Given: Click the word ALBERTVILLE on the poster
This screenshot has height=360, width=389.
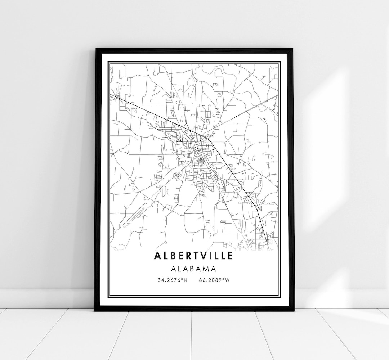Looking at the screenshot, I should [x=194, y=255].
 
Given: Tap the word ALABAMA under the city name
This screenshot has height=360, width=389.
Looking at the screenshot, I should [x=194, y=269].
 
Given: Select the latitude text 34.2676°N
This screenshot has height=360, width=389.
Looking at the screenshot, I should [x=172, y=280].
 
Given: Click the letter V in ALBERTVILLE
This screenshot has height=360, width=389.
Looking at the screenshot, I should [x=203, y=255].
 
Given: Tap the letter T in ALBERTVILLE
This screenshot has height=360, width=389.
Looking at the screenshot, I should [x=196, y=255].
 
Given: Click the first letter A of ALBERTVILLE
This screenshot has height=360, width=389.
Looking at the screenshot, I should [x=157, y=255].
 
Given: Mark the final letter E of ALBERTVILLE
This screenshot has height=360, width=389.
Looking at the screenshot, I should [x=230, y=255].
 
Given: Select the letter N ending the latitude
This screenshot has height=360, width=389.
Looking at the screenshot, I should [x=186, y=280].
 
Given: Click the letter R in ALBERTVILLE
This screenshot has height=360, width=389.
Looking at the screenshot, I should [x=188, y=255].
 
